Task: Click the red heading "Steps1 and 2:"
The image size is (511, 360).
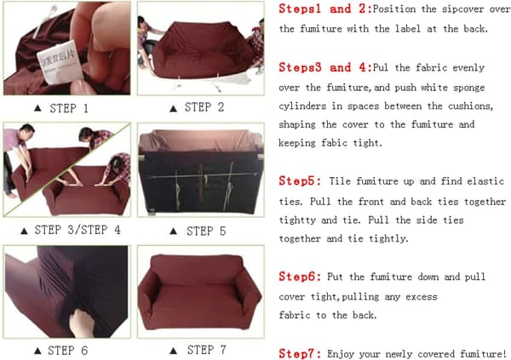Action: (325, 9)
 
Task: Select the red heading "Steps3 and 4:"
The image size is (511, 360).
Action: (325, 68)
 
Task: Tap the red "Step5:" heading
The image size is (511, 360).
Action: (300, 181)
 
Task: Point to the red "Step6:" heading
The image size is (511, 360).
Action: (300, 277)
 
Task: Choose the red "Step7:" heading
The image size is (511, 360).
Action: (300, 354)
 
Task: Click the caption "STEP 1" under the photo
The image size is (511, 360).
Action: (69, 108)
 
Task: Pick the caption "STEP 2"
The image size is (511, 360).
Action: (204, 107)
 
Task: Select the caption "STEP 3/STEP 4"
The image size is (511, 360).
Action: (78, 230)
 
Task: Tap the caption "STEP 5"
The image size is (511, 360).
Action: (206, 231)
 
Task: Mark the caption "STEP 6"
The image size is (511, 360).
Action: (68, 351)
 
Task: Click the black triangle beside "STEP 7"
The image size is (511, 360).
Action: (174, 351)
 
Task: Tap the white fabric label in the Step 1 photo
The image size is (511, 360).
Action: (59, 62)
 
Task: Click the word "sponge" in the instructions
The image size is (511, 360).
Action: (469, 89)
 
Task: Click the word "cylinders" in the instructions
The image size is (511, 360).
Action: (302, 106)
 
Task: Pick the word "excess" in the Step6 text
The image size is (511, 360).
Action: (422, 297)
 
